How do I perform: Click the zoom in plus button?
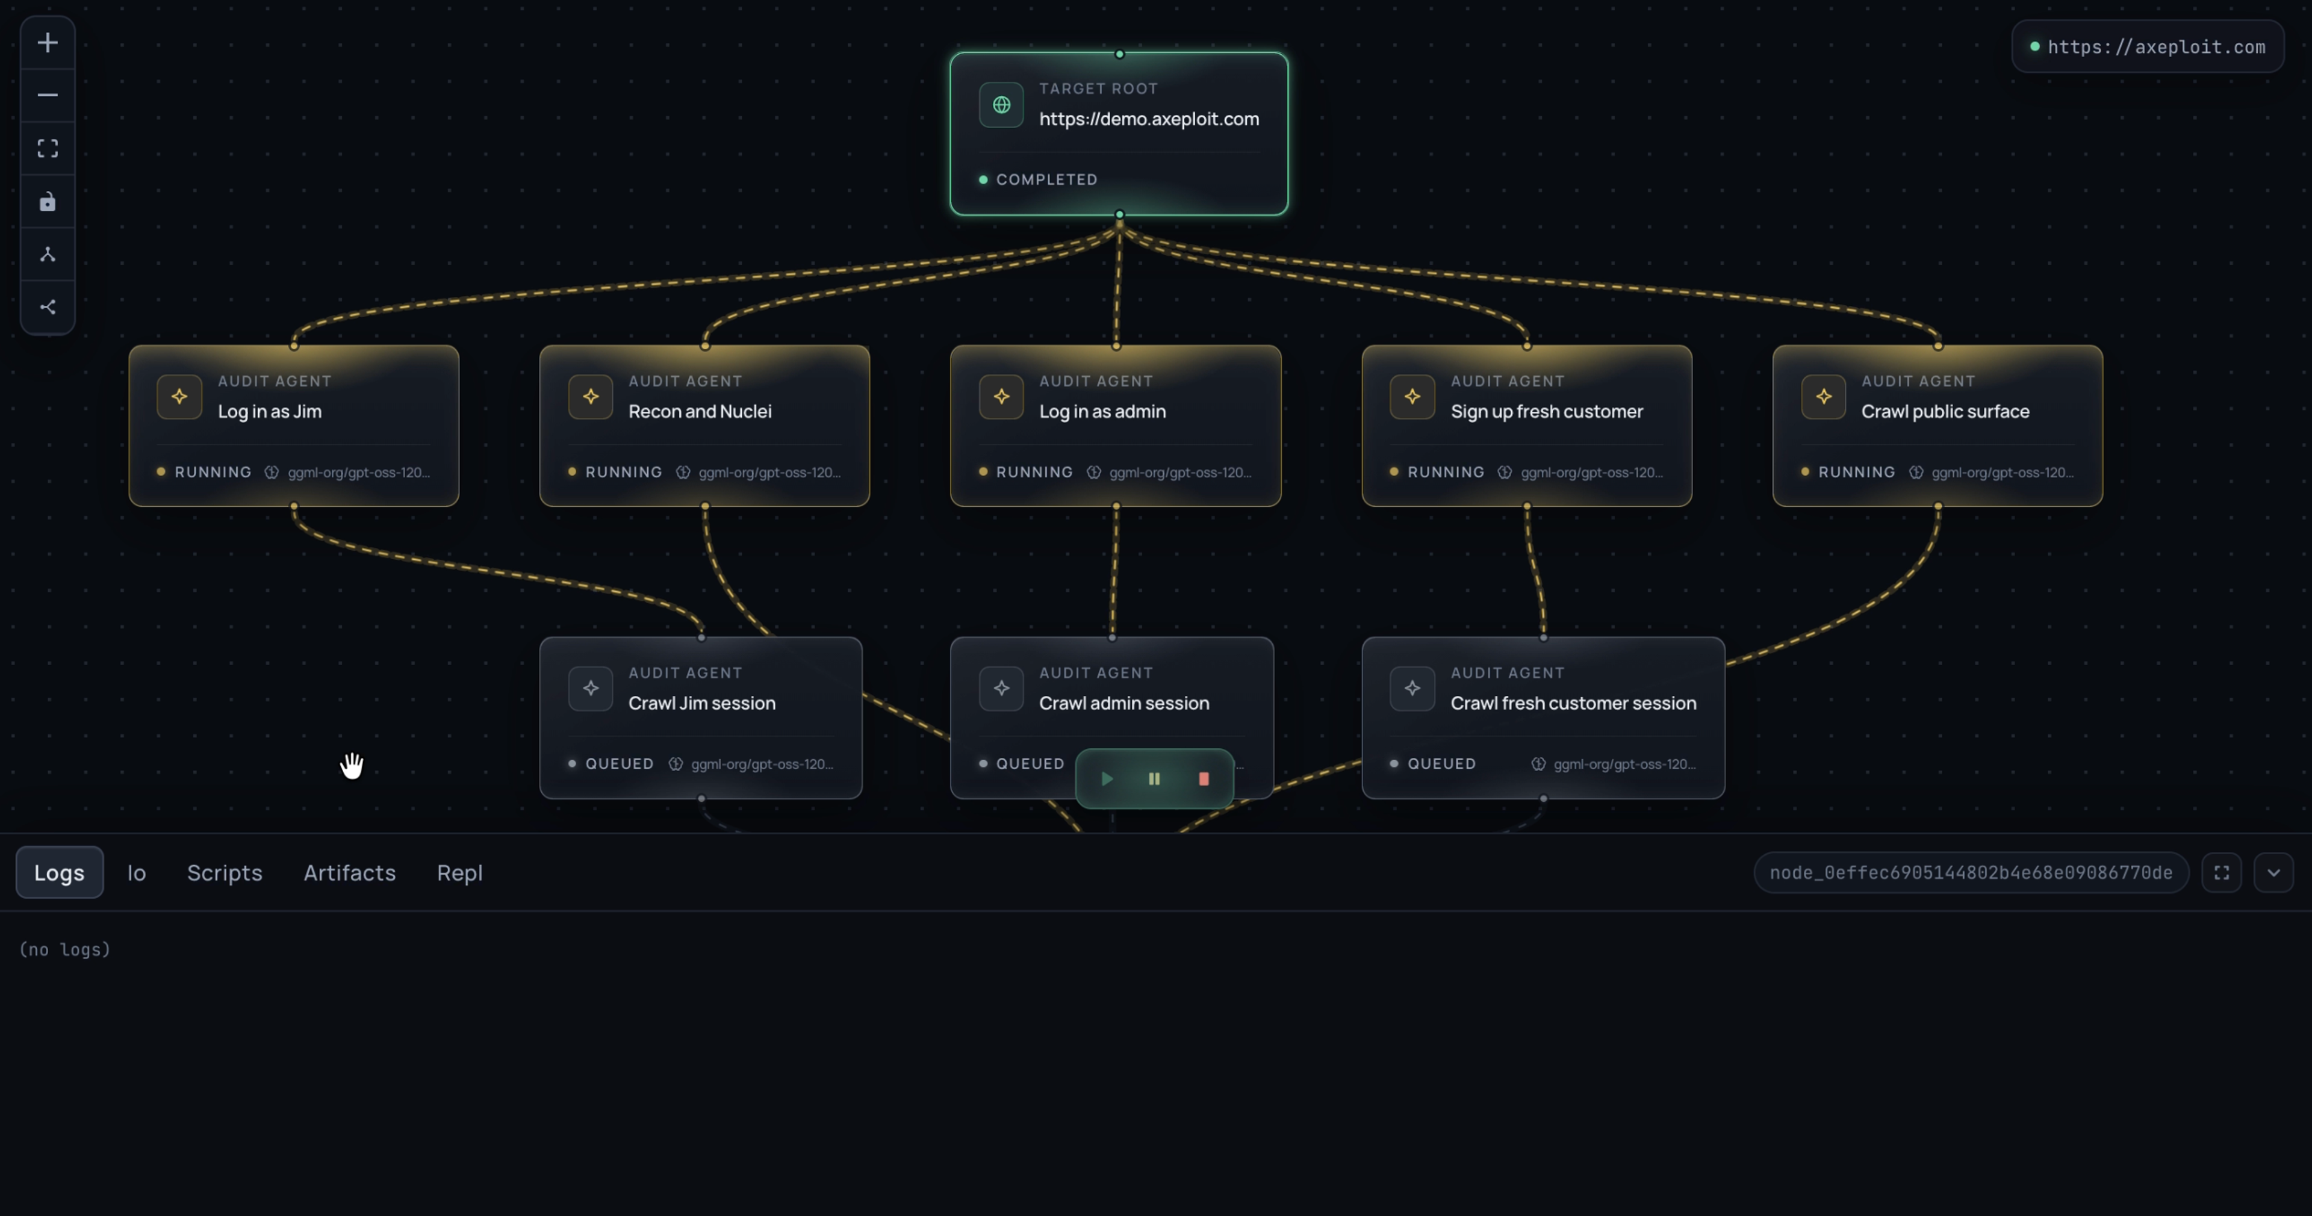48,42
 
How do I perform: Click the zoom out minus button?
48,95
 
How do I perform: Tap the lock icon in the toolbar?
48,201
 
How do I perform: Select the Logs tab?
59,872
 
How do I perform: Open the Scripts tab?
225,872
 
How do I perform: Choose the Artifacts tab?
349,872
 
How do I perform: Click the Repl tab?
459,872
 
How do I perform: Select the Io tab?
137,872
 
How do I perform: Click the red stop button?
1204,779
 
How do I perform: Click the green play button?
1107,779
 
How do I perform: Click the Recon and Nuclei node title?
700,411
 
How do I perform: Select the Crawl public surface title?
1945,411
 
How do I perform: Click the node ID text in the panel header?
1971,872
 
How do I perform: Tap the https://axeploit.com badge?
2148,47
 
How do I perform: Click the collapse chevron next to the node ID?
2273,872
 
